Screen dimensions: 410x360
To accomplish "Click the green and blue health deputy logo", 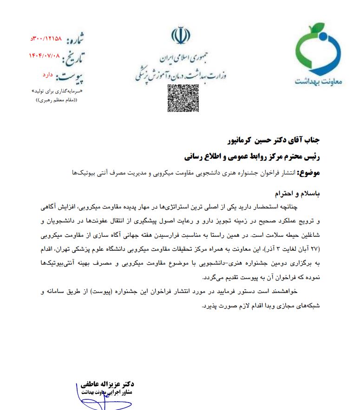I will [x=319, y=54].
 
